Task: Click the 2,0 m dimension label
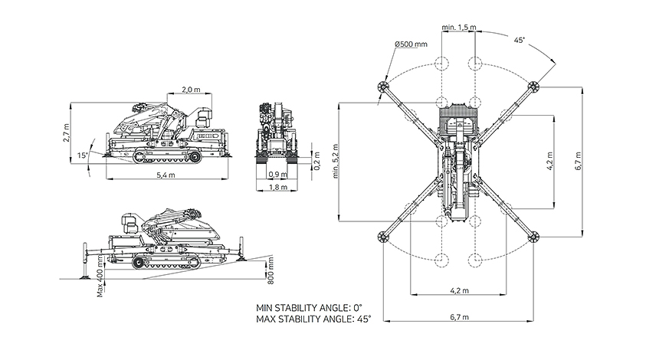coord(192,89)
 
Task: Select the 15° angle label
coord(83,155)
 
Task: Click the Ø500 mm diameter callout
coord(411,44)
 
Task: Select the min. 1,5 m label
coord(460,28)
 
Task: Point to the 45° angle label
coord(520,41)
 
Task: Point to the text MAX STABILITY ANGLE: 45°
coord(313,318)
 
